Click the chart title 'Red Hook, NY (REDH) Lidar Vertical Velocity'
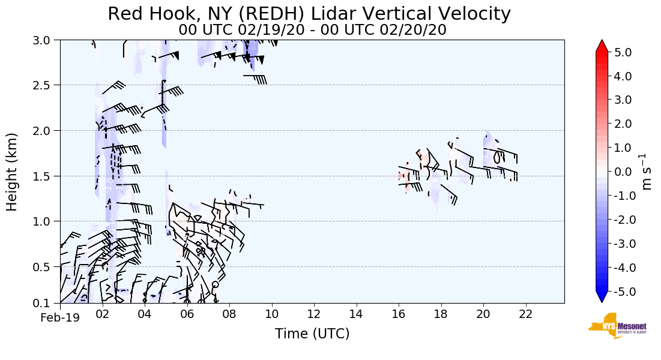coord(309,14)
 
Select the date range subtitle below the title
coord(312,30)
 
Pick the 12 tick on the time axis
coord(314,314)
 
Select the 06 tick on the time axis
coord(187,314)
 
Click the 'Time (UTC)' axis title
coord(312,334)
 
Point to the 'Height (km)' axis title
coord(13,172)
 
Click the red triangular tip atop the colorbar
coord(602,46)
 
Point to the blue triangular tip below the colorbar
coord(602,297)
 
